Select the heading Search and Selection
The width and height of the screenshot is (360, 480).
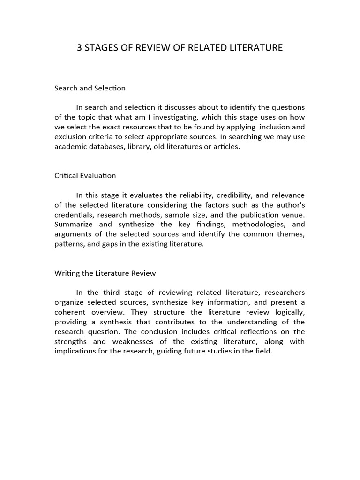pos(90,88)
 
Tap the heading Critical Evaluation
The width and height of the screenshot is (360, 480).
pos(85,176)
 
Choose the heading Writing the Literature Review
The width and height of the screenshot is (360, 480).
pos(105,273)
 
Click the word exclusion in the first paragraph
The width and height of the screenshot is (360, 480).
pos(69,137)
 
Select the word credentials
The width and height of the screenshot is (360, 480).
pos(74,215)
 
